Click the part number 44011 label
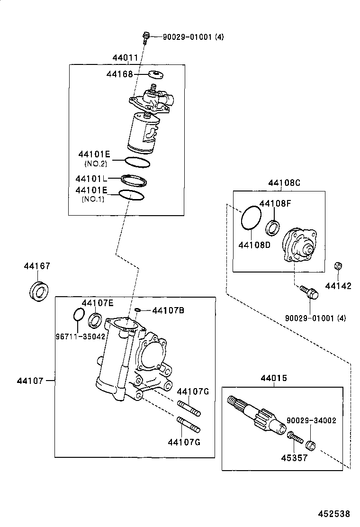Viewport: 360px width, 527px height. coord(125,58)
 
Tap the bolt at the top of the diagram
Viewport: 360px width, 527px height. coord(146,36)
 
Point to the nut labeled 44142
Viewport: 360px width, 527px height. coord(338,266)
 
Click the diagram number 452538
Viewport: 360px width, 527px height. coord(334,514)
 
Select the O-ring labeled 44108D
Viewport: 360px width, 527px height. coord(251,218)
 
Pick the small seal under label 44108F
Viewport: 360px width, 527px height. coord(273,227)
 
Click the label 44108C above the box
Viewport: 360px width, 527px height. coord(284,183)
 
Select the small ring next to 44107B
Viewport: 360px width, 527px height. coord(137,310)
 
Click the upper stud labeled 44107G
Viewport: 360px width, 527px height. coord(189,406)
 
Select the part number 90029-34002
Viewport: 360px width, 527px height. coord(311,420)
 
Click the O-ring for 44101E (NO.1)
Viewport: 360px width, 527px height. coord(131,195)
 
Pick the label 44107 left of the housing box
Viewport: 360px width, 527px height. coord(30,381)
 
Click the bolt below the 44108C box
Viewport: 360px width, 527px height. coord(309,292)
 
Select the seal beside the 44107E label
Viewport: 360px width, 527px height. coord(95,320)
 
